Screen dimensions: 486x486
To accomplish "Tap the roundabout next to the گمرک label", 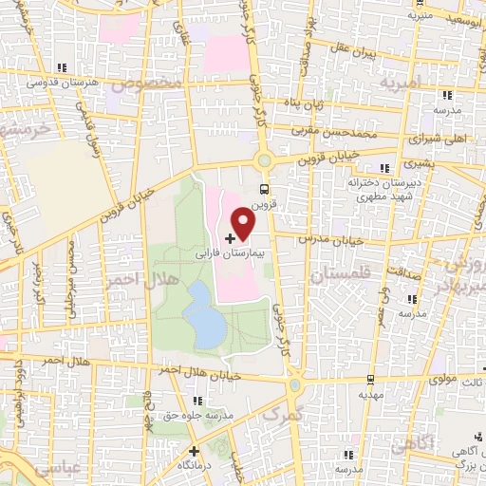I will click(x=295, y=384).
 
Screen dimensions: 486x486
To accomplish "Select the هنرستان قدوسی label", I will click(x=43, y=83).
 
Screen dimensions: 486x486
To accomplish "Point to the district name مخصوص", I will click(x=146, y=83).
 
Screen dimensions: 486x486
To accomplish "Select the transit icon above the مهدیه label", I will click(x=365, y=376).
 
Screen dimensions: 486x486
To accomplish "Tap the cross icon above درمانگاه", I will click(x=195, y=451).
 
